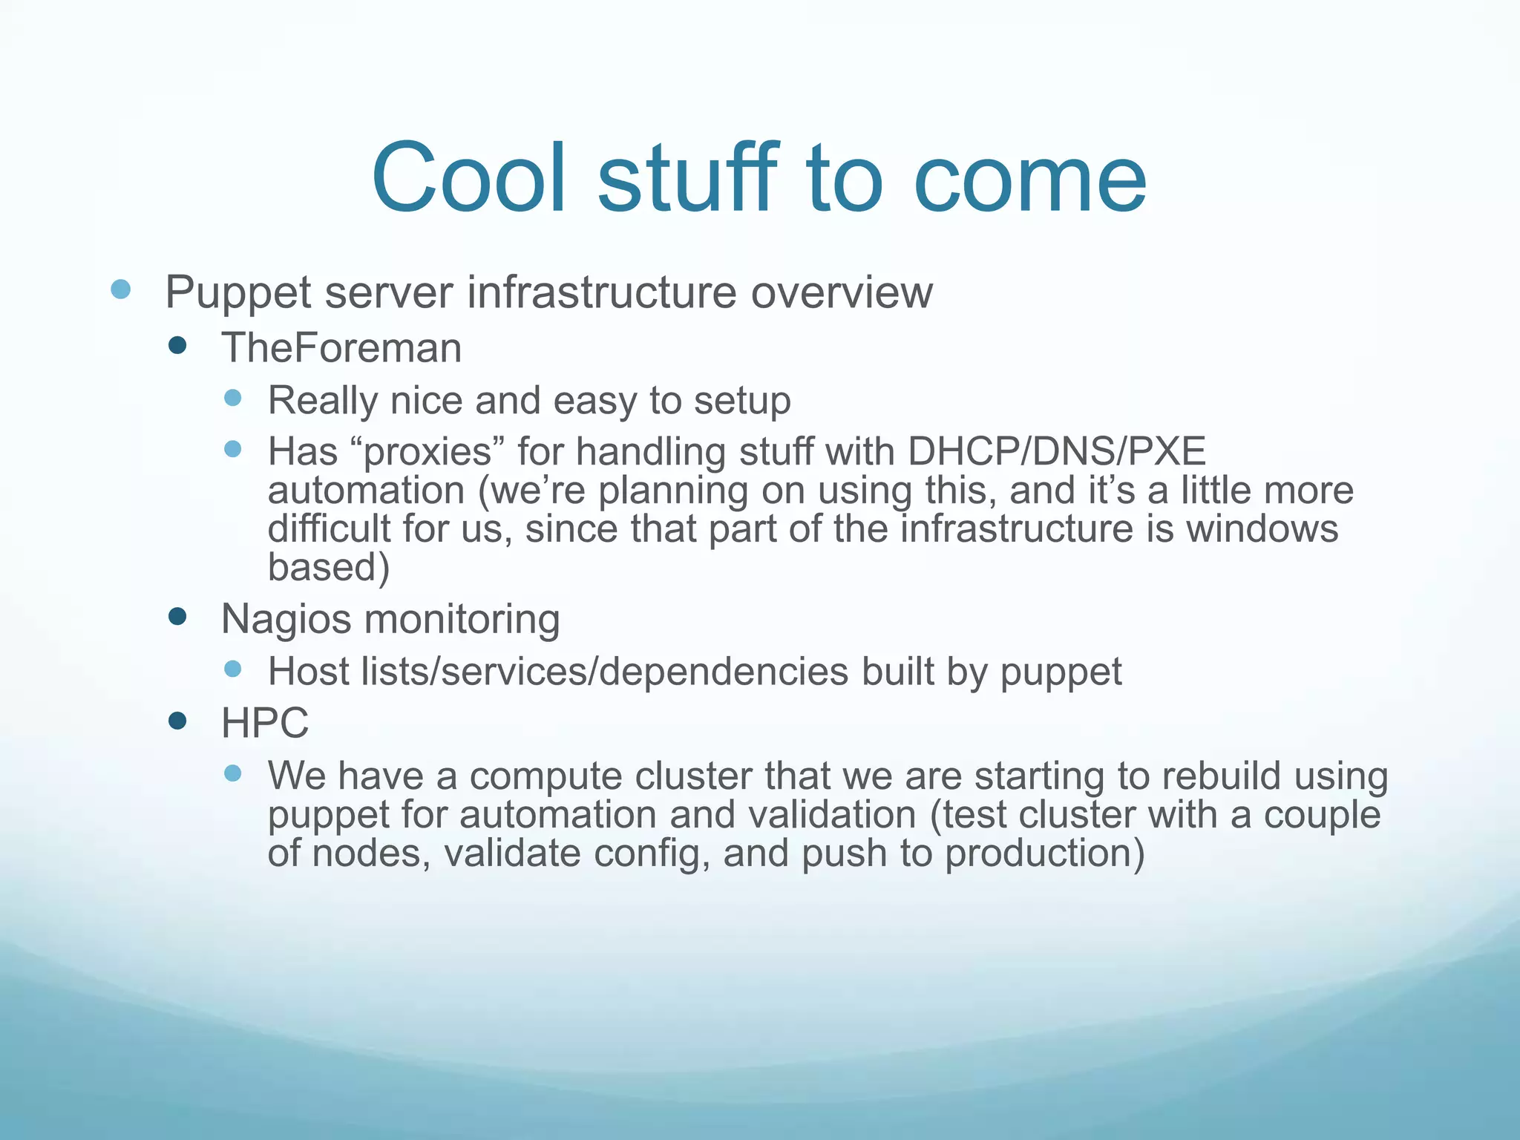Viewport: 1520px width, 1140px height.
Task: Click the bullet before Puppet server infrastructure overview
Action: coord(120,289)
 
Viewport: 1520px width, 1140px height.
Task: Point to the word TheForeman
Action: coord(341,347)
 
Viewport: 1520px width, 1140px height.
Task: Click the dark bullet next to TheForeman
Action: coord(177,345)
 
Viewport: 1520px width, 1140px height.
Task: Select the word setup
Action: coord(742,401)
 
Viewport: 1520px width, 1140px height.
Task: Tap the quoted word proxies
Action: coord(428,451)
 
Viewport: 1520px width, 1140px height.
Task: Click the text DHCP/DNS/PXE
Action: coord(1057,451)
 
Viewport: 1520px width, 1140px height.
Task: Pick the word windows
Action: coord(1262,528)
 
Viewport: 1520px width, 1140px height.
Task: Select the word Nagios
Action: coord(286,619)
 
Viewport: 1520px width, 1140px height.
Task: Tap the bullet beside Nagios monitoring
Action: coord(177,616)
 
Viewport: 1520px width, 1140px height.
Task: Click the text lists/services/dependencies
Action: coord(605,671)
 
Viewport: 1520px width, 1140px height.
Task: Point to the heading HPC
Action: coord(265,723)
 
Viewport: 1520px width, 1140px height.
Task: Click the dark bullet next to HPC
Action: coord(177,721)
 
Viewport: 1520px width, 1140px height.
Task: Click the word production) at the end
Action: coord(1045,854)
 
